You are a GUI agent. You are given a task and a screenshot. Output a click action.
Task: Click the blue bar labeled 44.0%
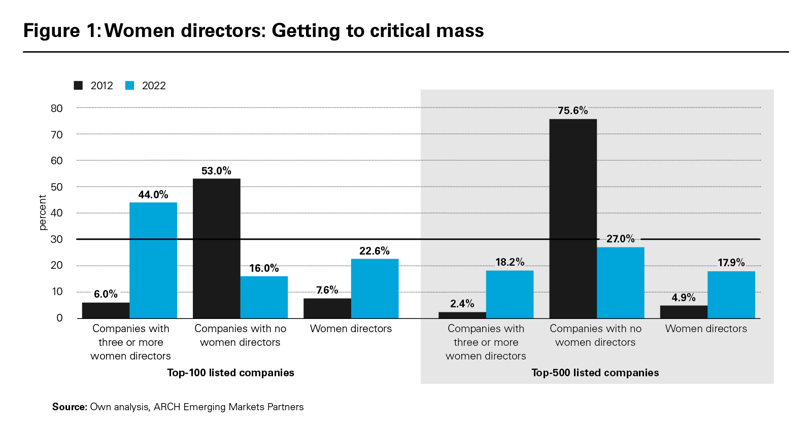tap(153, 260)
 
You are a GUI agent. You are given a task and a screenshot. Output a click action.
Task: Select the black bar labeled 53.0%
tap(217, 248)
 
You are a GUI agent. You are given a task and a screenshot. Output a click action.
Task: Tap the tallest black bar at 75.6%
tap(573, 219)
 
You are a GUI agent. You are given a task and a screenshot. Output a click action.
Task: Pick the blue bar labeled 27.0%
tap(621, 282)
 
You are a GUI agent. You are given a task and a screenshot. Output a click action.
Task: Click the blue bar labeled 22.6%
tap(375, 288)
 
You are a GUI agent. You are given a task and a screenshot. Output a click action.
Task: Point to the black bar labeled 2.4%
tap(462, 315)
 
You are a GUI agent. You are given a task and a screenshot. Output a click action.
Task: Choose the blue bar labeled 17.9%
tap(731, 295)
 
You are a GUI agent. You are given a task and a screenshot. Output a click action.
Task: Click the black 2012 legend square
tap(78, 85)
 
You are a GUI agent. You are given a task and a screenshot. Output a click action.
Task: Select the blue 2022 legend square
tap(129, 85)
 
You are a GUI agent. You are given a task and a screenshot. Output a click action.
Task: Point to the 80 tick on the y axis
tap(57, 108)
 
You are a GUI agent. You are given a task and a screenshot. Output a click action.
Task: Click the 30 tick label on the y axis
tap(57, 239)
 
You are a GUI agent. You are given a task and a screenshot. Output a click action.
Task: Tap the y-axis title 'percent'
tap(43, 212)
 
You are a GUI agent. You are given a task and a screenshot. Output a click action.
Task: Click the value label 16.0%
tap(264, 268)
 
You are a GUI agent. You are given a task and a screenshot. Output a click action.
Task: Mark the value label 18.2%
tap(510, 262)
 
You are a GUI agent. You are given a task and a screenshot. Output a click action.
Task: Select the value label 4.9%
tap(684, 298)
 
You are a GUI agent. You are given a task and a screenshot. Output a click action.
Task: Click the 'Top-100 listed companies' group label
tap(230, 373)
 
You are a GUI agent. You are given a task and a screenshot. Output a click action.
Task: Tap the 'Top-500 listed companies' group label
tap(595, 373)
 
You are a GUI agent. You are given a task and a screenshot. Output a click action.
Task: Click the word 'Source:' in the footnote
tap(70, 407)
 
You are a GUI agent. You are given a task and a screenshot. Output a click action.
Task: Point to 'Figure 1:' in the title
tap(62, 31)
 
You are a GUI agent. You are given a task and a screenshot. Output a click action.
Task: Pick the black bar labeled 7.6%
tap(327, 308)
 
